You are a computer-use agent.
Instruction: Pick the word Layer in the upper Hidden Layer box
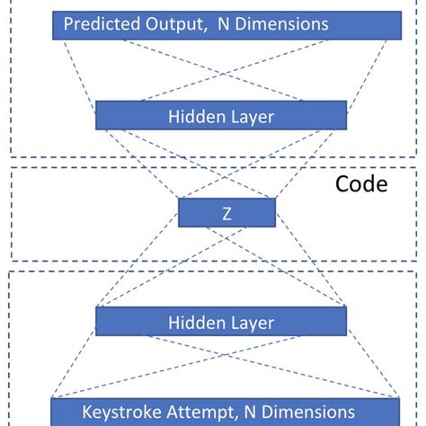[x=246, y=116]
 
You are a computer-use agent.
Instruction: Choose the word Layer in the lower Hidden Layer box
[x=246, y=322]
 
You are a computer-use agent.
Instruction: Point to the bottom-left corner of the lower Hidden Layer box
[x=95, y=336]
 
